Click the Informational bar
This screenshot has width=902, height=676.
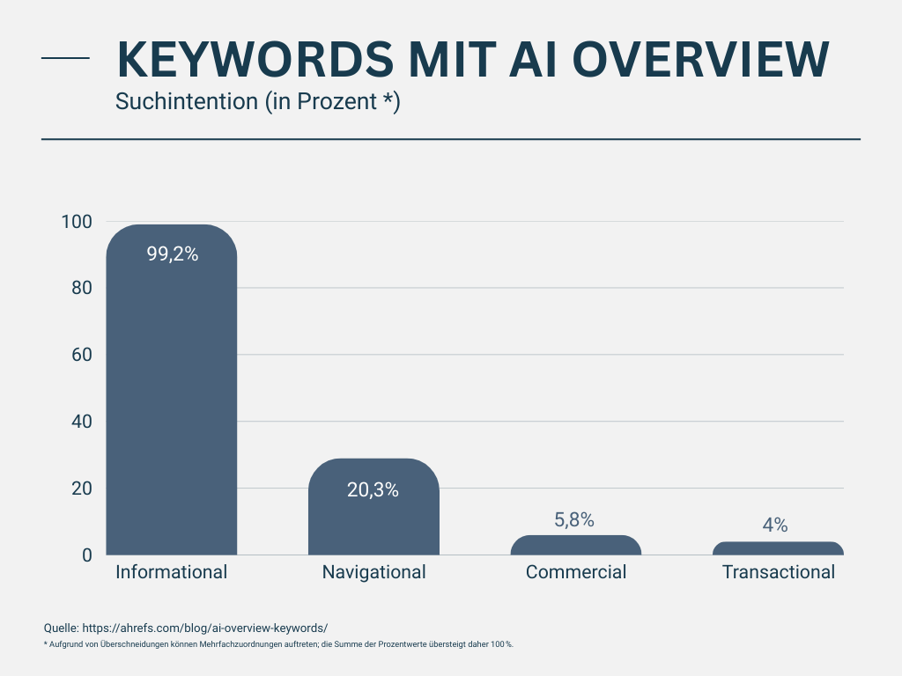[x=172, y=396]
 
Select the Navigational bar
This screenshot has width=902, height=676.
[x=373, y=519]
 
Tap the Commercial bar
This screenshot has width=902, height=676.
[x=576, y=546]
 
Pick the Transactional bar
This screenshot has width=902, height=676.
[x=778, y=548]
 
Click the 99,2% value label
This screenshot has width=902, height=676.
[x=172, y=254]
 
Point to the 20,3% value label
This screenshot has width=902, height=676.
[x=373, y=490]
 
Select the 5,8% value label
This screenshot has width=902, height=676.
[x=574, y=520]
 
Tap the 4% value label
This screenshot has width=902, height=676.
[x=775, y=525]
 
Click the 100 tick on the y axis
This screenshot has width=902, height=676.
[x=77, y=222]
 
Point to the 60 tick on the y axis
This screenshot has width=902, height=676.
[x=81, y=355]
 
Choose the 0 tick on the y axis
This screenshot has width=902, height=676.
[x=87, y=555]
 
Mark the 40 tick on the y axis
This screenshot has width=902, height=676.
[x=81, y=422]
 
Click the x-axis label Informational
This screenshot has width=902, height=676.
[x=172, y=572]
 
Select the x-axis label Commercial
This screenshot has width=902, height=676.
[x=576, y=572]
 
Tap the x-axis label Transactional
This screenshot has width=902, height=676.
[x=779, y=572]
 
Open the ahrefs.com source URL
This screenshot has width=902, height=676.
[x=204, y=628]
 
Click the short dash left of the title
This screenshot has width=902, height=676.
[x=66, y=58]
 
